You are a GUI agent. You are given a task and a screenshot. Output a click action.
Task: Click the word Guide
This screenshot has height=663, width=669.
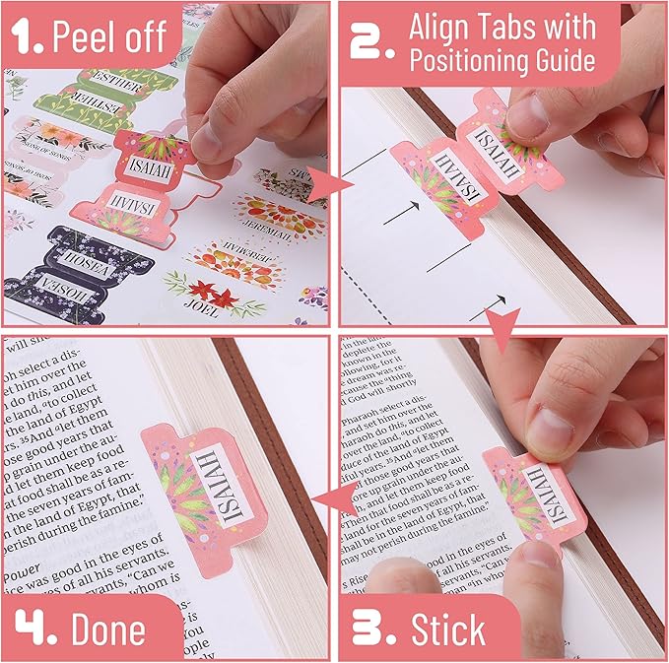point(566,61)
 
